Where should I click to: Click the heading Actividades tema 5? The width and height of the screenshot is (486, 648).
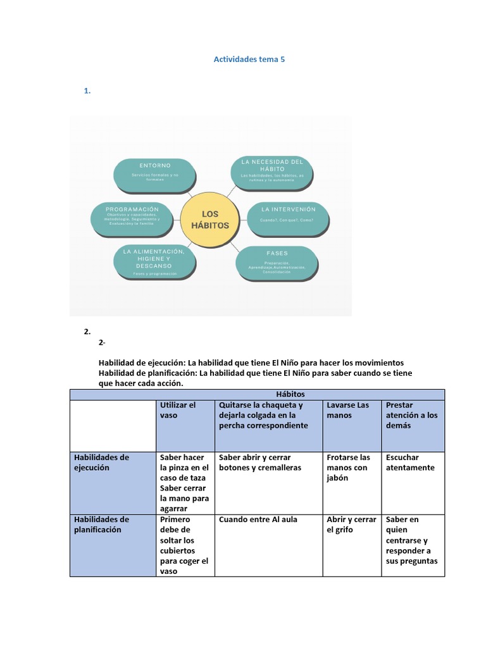click(x=244, y=59)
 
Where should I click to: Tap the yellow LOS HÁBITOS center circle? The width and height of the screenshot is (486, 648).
click(x=210, y=220)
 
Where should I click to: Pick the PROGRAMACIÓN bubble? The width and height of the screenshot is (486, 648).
click(x=132, y=215)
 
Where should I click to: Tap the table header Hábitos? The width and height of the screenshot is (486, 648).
click(x=257, y=394)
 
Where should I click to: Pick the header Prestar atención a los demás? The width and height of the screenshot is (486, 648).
click(x=412, y=415)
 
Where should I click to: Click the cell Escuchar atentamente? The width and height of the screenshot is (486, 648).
click(x=411, y=463)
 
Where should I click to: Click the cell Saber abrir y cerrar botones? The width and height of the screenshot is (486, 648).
click(x=260, y=463)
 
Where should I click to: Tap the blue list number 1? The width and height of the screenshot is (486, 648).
click(x=87, y=91)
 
